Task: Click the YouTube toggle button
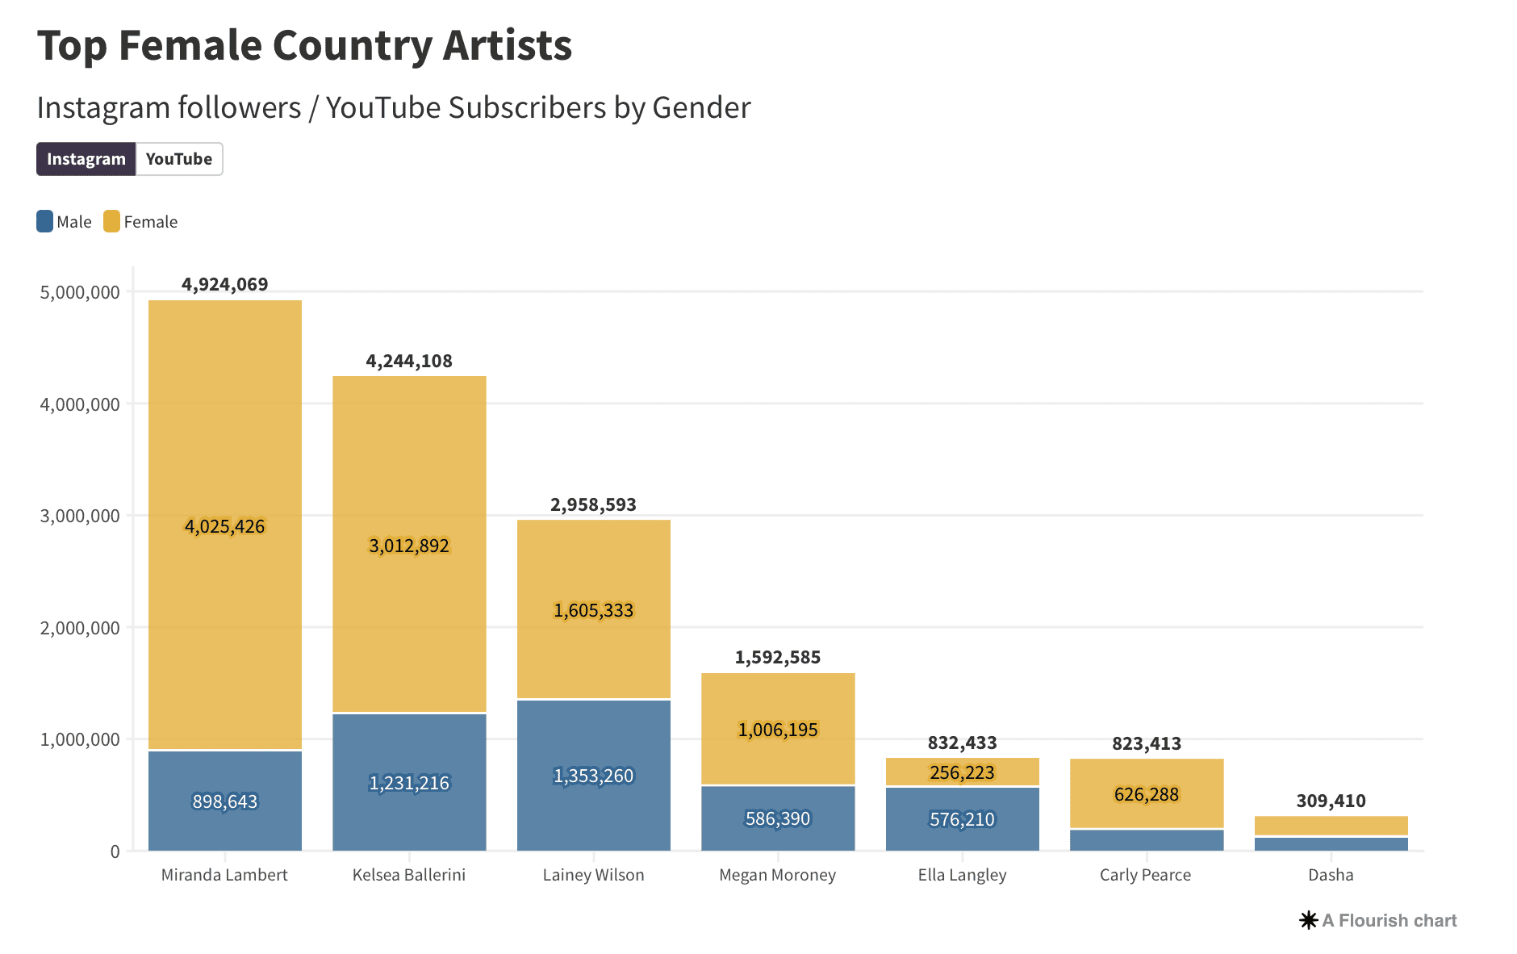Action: point(179,159)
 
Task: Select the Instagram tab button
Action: point(86,159)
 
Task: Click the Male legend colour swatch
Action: point(45,221)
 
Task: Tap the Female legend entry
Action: point(141,222)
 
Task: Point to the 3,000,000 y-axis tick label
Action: point(80,516)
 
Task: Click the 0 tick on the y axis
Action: point(115,851)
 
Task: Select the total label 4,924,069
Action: point(224,284)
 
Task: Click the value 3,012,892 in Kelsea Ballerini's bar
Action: point(409,546)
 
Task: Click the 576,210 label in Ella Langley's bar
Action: point(962,819)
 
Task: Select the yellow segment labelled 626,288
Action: point(1147,794)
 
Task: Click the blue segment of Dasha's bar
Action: point(1331,844)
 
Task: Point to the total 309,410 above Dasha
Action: point(1331,801)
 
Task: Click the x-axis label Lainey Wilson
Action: point(593,875)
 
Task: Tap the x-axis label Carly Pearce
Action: point(1145,875)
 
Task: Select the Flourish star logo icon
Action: point(1308,920)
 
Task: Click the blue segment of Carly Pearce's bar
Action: point(1147,840)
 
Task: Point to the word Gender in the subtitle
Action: point(701,107)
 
